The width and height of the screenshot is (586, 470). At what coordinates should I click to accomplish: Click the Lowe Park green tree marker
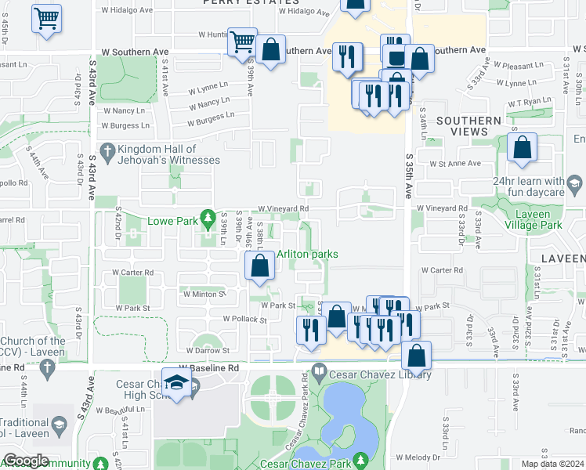point(207,217)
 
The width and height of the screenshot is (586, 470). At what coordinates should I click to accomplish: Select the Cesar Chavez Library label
point(381,375)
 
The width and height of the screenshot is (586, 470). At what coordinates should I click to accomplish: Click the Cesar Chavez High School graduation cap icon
point(177,382)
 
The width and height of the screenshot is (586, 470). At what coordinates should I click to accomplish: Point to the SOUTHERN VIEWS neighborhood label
point(468,127)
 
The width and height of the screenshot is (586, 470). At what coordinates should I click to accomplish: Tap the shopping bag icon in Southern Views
point(521,147)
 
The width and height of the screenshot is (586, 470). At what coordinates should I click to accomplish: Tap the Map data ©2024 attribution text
point(552,464)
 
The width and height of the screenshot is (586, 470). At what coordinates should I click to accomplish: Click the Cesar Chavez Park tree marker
point(360,459)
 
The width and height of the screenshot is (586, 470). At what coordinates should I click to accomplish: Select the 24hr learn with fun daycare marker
point(574,185)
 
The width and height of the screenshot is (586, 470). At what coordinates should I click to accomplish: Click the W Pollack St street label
point(244,320)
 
